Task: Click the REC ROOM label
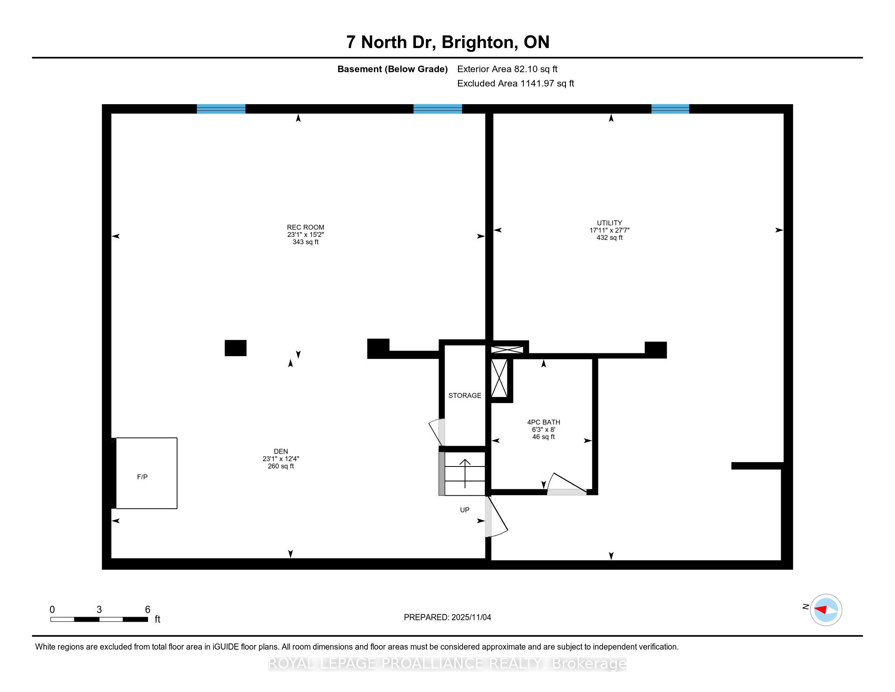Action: point(305,227)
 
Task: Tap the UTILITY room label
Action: point(609,223)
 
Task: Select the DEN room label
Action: point(281,451)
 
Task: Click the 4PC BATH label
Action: point(544,422)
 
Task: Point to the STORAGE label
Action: point(465,396)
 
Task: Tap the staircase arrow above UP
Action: point(465,473)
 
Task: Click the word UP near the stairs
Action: point(464,510)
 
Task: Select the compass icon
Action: point(826,610)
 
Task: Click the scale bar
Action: point(99,620)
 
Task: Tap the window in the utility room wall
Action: point(670,109)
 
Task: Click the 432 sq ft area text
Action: point(609,238)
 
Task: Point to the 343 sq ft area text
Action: point(305,242)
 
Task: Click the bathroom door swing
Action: point(568,484)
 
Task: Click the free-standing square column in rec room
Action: point(236,348)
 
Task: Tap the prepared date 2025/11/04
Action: point(447,618)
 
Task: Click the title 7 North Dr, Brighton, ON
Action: point(447,42)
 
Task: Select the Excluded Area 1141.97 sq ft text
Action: point(515,83)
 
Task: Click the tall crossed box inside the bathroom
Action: point(499,378)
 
